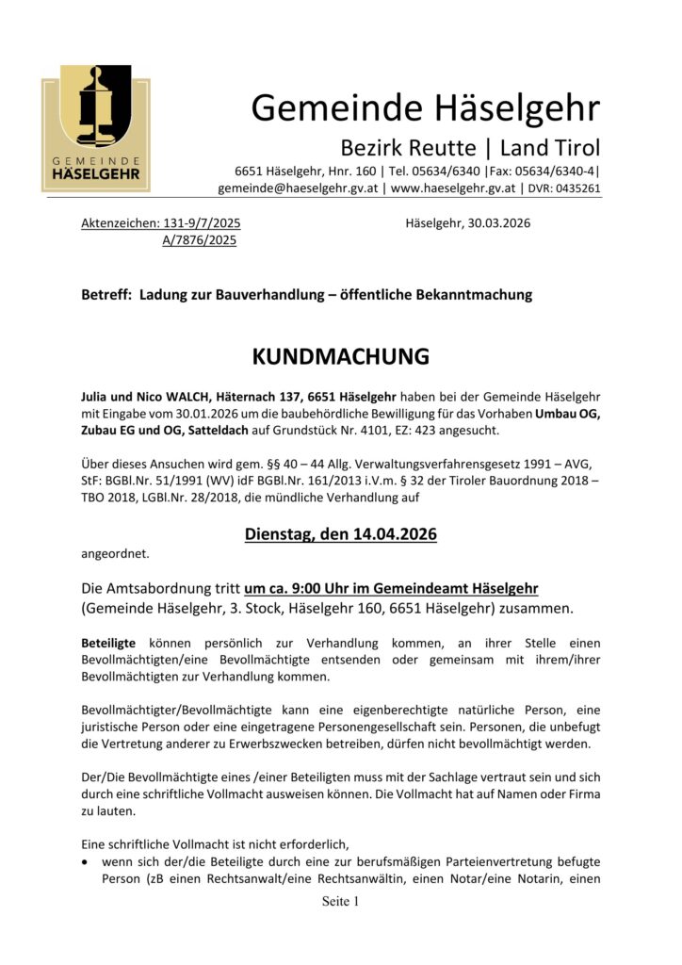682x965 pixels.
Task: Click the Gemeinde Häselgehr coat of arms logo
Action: click(x=95, y=128)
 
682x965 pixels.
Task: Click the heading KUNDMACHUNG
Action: click(x=341, y=357)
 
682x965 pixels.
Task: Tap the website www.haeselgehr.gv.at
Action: click(x=453, y=188)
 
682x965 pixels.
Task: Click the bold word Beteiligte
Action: click(x=108, y=643)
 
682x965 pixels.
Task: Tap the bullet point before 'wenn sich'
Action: click(x=88, y=862)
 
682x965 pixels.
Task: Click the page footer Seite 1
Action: click(x=341, y=902)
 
